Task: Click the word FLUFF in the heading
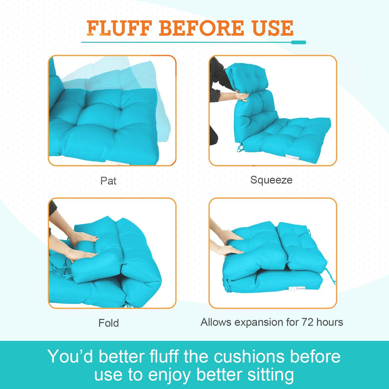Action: tap(119, 28)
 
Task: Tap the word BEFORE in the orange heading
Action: tap(201, 28)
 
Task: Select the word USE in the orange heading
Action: tap(273, 28)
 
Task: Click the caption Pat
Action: tap(108, 181)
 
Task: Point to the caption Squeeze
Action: tap(271, 180)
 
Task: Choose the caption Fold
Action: tap(109, 323)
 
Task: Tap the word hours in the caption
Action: tap(330, 322)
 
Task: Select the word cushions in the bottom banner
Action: tap(249, 356)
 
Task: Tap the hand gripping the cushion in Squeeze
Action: tap(241, 96)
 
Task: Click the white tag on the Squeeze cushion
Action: tap(293, 157)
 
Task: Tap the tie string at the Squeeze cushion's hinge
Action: tap(239, 148)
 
